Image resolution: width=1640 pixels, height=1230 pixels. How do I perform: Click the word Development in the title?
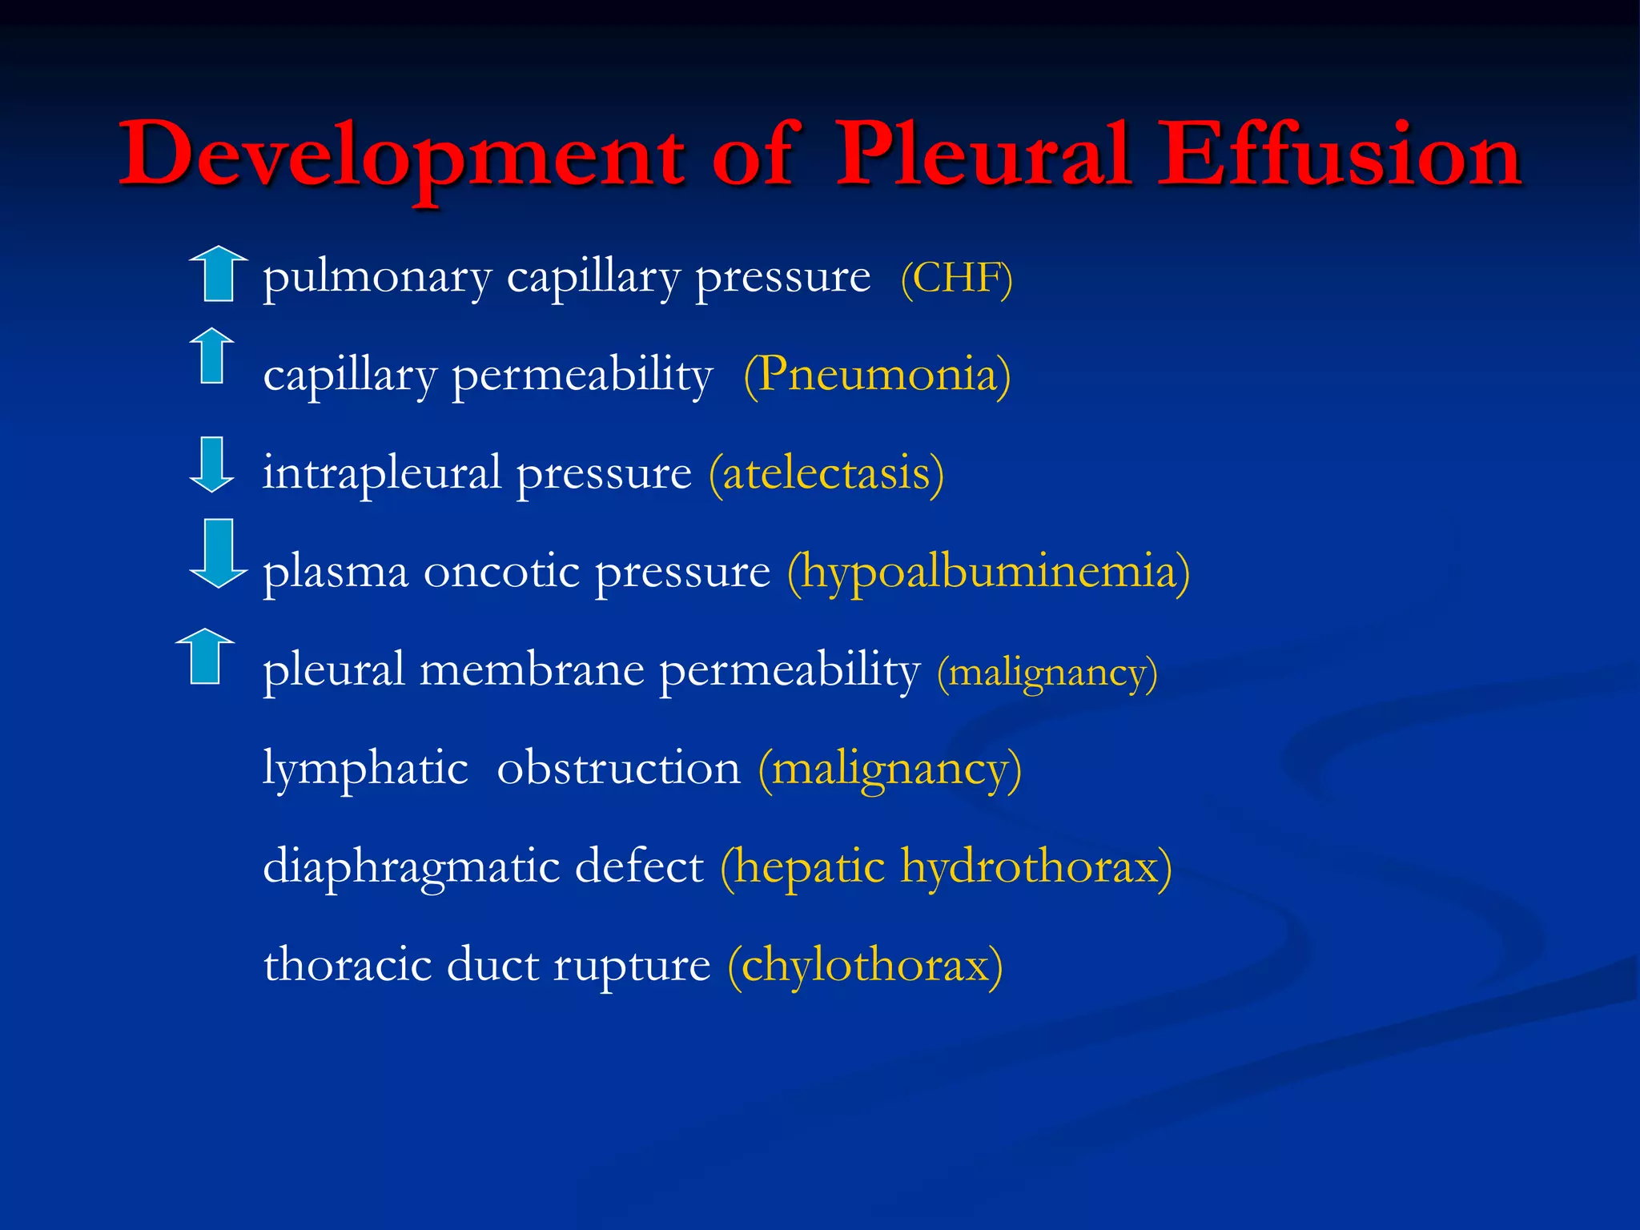[400, 156]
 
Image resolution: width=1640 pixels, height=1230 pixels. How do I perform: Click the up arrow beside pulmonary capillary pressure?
[218, 274]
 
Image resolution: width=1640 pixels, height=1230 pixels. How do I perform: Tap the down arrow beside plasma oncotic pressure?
[218, 553]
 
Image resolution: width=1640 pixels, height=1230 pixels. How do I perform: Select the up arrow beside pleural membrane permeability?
[205, 656]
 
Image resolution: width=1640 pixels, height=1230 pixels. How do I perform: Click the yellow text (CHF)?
[956, 279]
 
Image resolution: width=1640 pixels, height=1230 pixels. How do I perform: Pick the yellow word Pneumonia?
[877, 374]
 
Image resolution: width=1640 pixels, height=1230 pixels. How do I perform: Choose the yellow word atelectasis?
[826, 472]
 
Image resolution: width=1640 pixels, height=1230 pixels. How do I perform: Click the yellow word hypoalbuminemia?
[988, 572]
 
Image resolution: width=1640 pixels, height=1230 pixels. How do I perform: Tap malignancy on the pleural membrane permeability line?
[1047, 672]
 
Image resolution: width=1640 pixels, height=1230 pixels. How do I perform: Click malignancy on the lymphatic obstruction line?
[890, 769]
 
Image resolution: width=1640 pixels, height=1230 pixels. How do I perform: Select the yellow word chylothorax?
[865, 965]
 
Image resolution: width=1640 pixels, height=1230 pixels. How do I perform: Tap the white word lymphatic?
[365, 769]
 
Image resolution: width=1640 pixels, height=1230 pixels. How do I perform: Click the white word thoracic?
[348, 964]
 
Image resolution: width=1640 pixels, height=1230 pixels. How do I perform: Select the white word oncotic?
[500, 572]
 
